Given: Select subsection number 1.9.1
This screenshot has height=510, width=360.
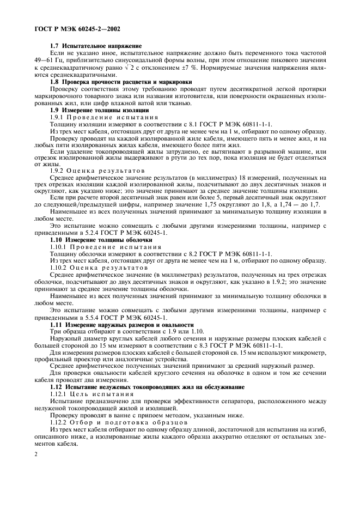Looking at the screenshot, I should (x=57, y=118).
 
